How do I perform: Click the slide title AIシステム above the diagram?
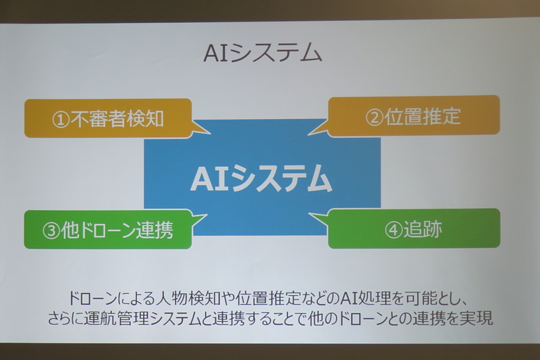point(263,53)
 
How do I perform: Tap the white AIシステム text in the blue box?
point(261,178)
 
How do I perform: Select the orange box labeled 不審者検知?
point(108,118)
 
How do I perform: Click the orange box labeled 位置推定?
point(414,116)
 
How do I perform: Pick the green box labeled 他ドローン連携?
point(108,230)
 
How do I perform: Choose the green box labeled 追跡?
point(414,228)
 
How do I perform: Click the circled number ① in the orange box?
point(61,120)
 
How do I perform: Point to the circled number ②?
point(375,118)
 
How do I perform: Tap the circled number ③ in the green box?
point(51,230)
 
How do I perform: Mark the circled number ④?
point(394,230)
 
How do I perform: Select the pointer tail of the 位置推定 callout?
point(318,129)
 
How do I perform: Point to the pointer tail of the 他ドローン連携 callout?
point(198,220)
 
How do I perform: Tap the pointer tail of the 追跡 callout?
point(318,219)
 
